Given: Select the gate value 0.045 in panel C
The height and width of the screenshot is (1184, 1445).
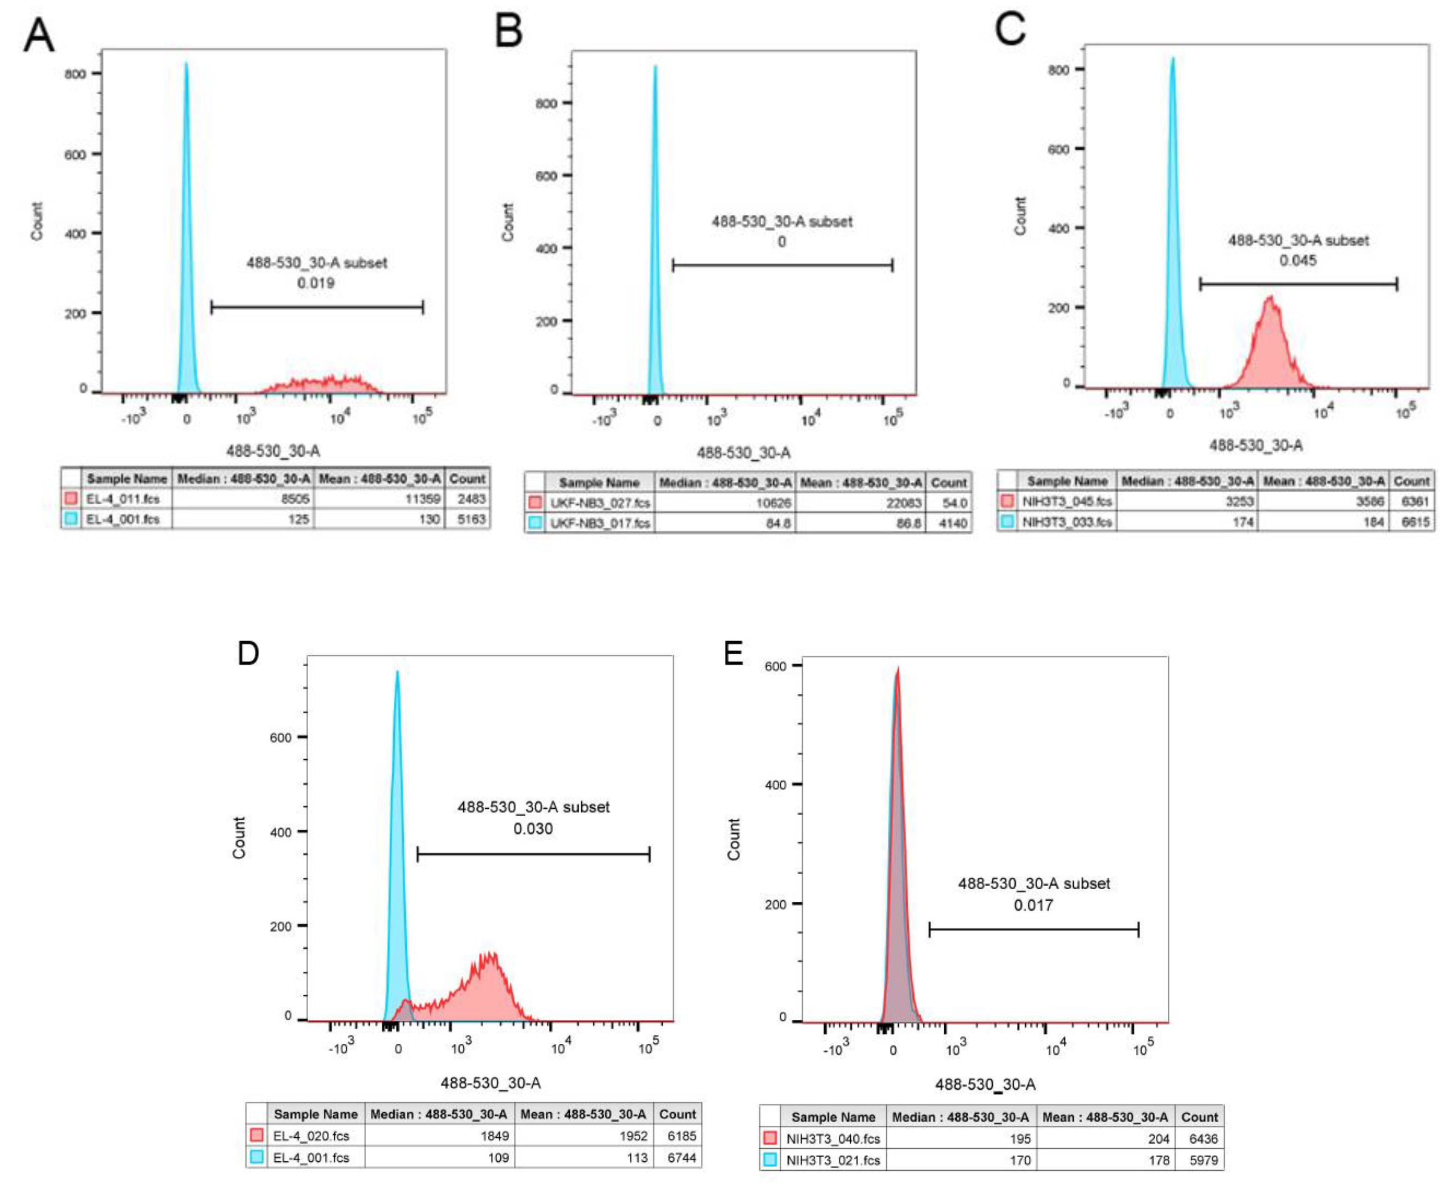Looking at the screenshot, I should (1298, 260).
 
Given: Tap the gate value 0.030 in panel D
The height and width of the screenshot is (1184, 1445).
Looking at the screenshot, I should (533, 829).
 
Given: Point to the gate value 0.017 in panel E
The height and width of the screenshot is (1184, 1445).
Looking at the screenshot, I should (1033, 905).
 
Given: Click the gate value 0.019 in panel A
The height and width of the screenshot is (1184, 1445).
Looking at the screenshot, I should (315, 282).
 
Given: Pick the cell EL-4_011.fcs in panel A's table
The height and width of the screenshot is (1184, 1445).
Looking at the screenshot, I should (123, 499).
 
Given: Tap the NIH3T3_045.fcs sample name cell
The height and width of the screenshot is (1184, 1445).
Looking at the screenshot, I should (1067, 501).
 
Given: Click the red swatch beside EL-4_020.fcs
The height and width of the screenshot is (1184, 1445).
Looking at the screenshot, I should (256, 1135).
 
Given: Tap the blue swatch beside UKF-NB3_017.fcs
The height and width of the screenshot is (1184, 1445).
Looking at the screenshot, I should (536, 523).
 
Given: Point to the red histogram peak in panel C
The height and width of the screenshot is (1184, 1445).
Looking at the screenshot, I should (1271, 298).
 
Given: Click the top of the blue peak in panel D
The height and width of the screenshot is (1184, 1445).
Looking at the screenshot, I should (397, 672).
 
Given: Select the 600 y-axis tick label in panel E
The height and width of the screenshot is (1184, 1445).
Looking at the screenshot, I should (776, 666).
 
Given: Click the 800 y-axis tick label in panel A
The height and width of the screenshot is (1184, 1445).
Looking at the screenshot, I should (75, 74).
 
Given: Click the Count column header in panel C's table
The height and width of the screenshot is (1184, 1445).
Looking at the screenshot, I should (1411, 481).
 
